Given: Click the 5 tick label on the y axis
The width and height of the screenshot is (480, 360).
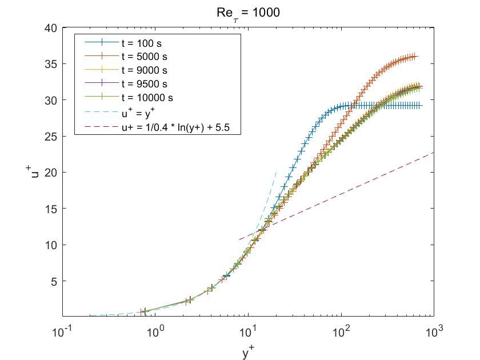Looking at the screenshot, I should (x=55, y=281).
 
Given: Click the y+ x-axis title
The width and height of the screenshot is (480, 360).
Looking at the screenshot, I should (x=248, y=353).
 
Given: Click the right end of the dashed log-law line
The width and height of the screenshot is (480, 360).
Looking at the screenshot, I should (x=433, y=152).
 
